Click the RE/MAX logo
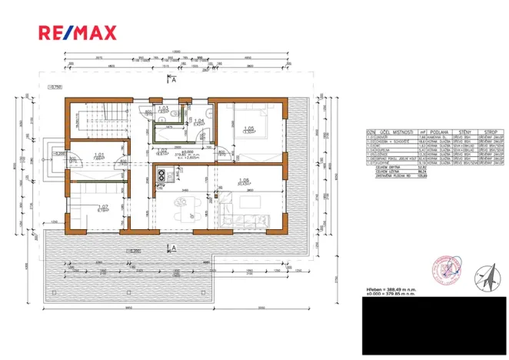click(x=78, y=32)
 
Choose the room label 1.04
click(x=198, y=121)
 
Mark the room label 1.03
click(x=162, y=108)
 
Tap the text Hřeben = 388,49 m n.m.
click(x=391, y=288)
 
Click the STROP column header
click(x=489, y=132)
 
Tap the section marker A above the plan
click(x=175, y=79)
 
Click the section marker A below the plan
click(x=175, y=248)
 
